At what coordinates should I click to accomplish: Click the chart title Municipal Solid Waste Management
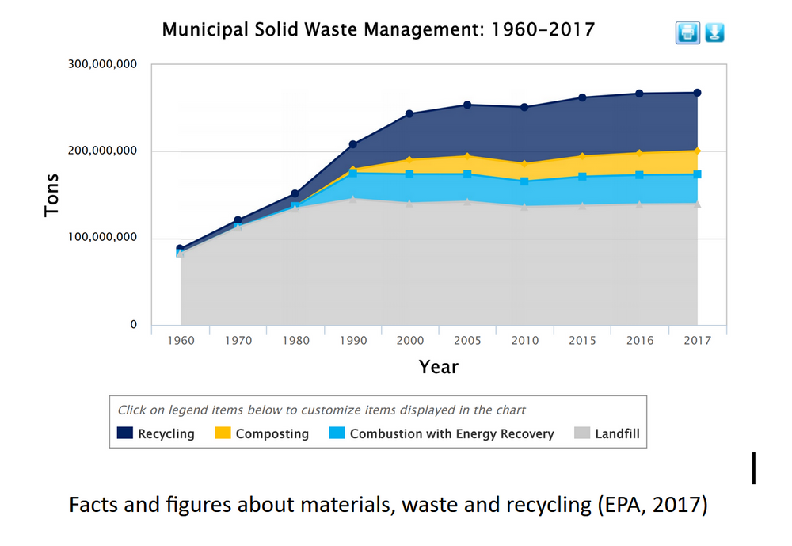pos(378,30)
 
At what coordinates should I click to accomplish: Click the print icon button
pos(687,32)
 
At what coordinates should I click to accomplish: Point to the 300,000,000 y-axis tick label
pos(99,65)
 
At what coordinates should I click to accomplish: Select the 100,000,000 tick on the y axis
pos(99,238)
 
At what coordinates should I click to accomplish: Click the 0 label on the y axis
pos(133,325)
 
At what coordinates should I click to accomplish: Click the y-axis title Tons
pos(52,195)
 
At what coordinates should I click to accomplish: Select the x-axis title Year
pos(438,367)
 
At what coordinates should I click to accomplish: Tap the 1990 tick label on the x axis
pos(352,341)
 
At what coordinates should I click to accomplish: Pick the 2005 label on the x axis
pos(467,341)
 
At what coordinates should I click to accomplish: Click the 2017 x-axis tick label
pos(697,341)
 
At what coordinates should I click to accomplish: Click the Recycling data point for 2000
pos(409,114)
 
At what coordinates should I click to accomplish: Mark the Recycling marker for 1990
pos(352,144)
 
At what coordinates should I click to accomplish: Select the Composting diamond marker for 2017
pos(697,151)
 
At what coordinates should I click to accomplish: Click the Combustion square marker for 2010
pos(524,181)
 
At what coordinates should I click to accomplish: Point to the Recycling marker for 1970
pos(238,220)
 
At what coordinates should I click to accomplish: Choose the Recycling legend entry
pos(156,433)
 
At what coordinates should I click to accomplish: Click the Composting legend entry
pos(261,433)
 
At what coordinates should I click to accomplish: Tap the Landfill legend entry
pos(607,433)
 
